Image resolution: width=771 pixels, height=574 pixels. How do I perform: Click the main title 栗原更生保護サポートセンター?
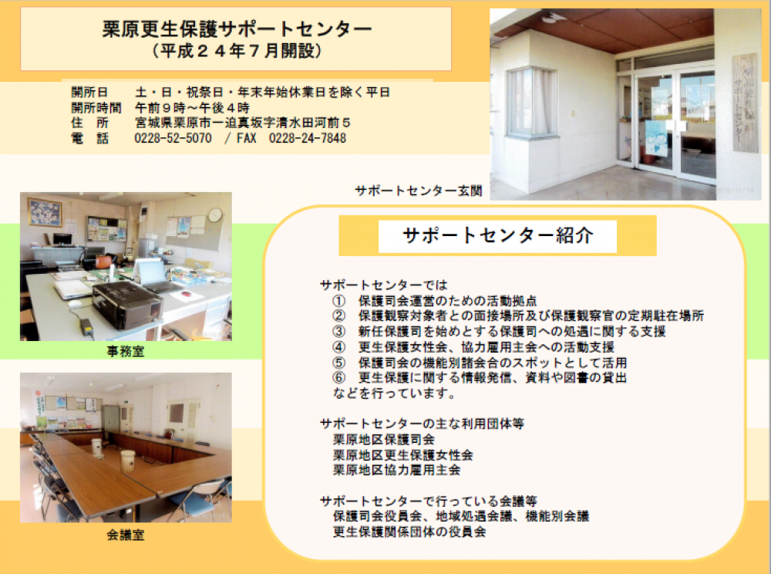pos(237,29)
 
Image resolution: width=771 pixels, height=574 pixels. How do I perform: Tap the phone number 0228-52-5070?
pos(173,138)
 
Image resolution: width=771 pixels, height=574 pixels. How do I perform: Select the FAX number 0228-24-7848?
pos(308,138)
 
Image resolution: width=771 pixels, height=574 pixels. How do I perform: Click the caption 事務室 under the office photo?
pos(126,351)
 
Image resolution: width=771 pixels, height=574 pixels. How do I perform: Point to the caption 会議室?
pos(126,535)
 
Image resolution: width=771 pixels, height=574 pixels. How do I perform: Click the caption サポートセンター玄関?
pos(419,191)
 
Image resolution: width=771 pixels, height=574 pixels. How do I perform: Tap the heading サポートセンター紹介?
pos(497,235)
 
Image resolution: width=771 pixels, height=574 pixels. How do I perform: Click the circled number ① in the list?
pos(338,301)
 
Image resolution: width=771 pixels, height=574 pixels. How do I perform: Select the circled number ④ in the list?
pos(338,346)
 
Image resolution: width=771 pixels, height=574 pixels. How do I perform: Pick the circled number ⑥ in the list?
pos(338,377)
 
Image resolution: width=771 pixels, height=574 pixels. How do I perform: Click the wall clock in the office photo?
pos(215,215)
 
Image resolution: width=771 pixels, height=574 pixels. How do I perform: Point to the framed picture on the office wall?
pos(45,212)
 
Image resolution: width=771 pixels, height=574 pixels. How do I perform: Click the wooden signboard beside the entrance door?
pos(745,103)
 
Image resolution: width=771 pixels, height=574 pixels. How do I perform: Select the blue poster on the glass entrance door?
pos(656,139)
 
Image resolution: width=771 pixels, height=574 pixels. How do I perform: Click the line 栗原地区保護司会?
pos(384,439)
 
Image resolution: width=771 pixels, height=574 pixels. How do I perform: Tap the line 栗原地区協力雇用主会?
pos(397,470)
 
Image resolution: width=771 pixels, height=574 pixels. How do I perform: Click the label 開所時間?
pos(96,108)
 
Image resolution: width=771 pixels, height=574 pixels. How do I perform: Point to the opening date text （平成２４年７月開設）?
pos(237,51)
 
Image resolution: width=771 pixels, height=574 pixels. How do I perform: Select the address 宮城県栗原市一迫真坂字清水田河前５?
pos(242,123)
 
